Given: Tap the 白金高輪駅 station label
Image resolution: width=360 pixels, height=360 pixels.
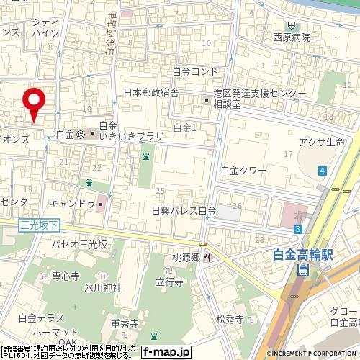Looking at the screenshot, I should click(305, 253).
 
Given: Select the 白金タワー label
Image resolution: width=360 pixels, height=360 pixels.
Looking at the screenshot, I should click(243, 171).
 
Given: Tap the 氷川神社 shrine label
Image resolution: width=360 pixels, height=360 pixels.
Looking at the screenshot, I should click(102, 288).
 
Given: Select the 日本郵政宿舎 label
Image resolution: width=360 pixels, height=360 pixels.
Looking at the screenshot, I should click(151, 93).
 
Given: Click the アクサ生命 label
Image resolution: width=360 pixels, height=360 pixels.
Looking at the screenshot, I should click(321, 142).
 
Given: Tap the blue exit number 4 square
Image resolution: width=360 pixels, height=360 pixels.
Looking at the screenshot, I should click(323, 171).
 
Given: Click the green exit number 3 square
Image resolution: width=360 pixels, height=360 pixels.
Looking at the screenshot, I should click(297, 228).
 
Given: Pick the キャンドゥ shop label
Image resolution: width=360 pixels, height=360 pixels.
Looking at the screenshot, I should click(75, 204).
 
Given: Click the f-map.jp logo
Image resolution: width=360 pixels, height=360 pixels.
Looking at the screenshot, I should click(166, 352).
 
